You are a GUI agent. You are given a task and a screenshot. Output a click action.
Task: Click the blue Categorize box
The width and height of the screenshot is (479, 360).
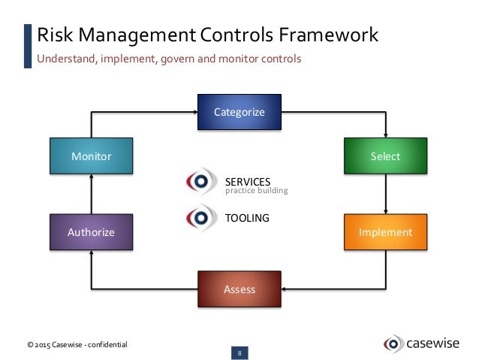[239, 112]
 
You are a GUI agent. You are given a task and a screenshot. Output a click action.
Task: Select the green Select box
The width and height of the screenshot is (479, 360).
[385, 156]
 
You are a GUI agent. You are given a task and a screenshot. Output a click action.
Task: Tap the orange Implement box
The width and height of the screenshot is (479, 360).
[385, 232]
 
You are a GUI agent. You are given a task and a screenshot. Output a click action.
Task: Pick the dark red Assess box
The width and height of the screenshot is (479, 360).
[239, 289]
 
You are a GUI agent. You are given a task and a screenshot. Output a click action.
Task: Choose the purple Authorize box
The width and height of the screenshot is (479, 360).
[91, 232]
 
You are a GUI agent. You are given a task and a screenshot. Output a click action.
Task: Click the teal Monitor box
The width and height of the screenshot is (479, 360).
[91, 156]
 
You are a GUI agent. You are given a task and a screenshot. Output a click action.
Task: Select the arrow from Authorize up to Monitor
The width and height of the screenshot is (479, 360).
[91, 194]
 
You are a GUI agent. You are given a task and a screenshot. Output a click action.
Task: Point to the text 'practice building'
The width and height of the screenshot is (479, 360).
[257, 191]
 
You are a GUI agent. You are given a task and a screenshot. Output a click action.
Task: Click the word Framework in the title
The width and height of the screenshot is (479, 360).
[324, 35]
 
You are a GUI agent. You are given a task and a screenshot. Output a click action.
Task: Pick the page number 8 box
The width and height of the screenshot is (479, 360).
[239, 352]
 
